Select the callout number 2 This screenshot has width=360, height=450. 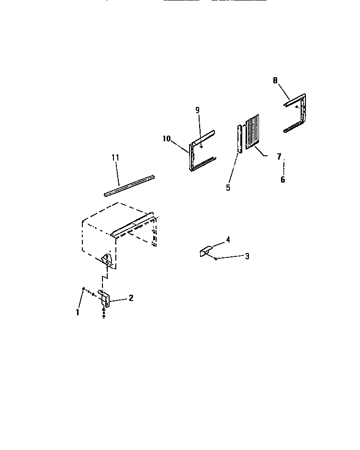pyautogui.click(x=131, y=298)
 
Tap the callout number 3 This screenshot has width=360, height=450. pyautogui.click(x=247, y=256)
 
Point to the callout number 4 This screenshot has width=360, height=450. pyautogui.click(x=228, y=239)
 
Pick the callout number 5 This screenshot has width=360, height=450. pyautogui.click(x=228, y=187)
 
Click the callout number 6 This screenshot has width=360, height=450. pyautogui.click(x=282, y=180)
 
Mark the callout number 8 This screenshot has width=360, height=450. pyautogui.click(x=275, y=81)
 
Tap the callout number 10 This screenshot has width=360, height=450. pyautogui.click(x=166, y=138)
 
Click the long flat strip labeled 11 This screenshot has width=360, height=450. pyautogui.click(x=129, y=185)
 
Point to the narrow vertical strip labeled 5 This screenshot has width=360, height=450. pyautogui.click(x=239, y=138)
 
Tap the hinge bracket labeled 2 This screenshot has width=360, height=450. pyautogui.click(x=106, y=300)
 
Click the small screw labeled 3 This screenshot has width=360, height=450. pyautogui.click(x=216, y=259)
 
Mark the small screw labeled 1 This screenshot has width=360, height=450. pyautogui.click(x=84, y=289)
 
